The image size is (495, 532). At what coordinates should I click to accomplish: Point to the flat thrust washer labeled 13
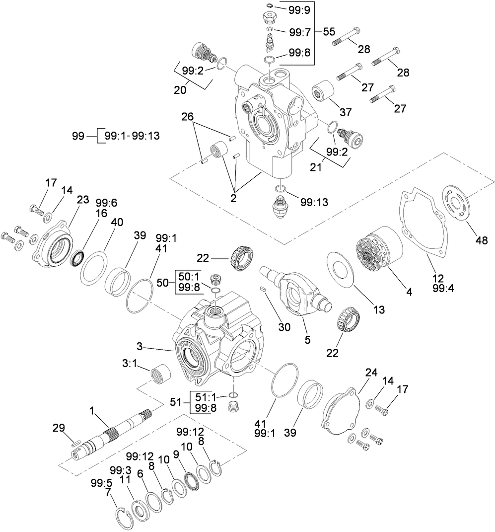click(x=340, y=269)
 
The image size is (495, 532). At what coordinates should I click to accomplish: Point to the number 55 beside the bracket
click(x=329, y=31)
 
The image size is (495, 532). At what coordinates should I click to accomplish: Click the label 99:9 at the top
click(x=299, y=8)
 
